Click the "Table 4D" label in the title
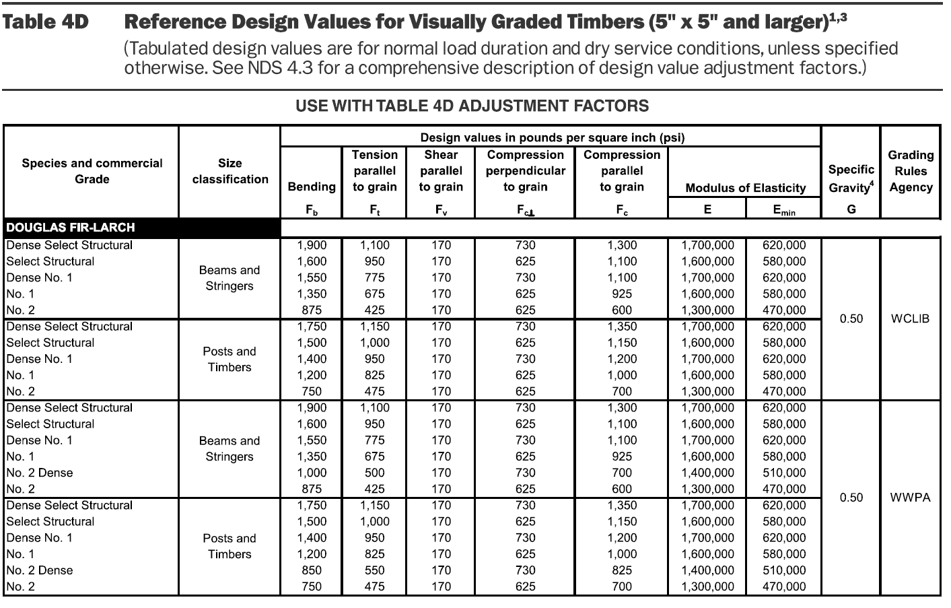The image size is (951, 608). [46, 22]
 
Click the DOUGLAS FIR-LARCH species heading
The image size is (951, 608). [71, 228]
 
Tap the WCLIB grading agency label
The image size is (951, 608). [910, 318]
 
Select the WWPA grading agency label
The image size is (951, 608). [910, 498]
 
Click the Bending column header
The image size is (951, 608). [311, 187]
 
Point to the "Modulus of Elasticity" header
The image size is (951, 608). [745, 188]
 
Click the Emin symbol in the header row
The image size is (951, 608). [783, 210]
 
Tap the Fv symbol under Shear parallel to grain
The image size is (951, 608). [441, 210]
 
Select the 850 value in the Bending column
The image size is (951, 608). [312, 570]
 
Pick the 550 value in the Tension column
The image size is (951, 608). [374, 570]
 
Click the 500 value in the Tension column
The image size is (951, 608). [374, 473]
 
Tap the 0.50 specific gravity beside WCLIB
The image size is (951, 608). [851, 318]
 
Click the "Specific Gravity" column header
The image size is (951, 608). [851, 178]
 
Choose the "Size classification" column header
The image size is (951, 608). [230, 171]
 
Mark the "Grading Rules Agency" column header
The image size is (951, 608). [910, 171]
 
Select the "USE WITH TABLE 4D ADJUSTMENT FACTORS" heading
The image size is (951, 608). [472, 106]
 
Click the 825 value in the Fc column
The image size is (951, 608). [622, 570]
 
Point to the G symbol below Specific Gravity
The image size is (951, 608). [851, 209]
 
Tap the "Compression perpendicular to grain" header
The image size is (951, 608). [525, 171]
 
